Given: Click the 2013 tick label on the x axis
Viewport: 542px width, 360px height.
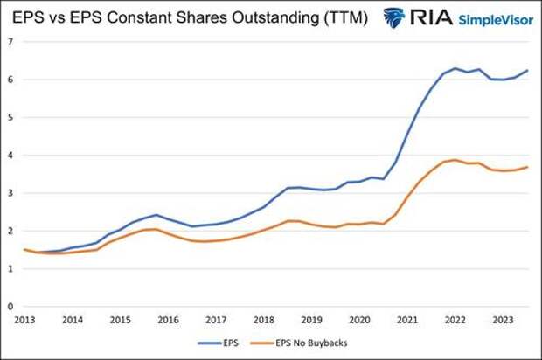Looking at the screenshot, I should coord(24,320).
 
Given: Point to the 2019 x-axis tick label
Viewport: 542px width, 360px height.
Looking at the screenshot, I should coord(310,320).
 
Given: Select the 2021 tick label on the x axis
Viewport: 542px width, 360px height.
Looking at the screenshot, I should coord(406,320).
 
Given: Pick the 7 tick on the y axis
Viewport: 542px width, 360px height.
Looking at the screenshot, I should coord(10,41).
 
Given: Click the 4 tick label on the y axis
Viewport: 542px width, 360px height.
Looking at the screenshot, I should coord(10,155).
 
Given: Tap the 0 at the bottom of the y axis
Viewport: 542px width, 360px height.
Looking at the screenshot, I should coord(10,307).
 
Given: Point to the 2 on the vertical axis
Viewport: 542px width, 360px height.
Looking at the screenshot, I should coord(10,231).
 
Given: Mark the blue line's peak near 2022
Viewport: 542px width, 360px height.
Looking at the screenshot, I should coord(455,68).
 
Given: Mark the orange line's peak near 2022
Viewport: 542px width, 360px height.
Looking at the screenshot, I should coord(455,160).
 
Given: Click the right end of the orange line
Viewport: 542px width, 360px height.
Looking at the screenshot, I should coord(528,167).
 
